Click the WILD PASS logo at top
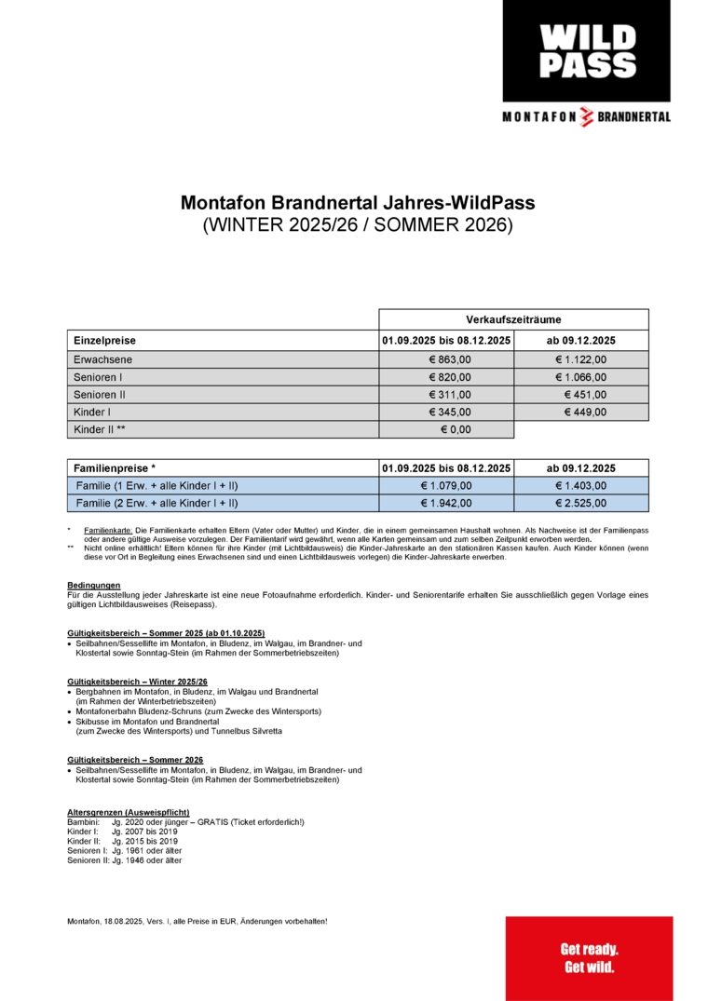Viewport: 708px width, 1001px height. tap(587, 51)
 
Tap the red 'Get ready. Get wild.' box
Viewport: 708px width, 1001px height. tap(589, 958)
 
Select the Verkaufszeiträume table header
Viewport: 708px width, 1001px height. tap(513, 318)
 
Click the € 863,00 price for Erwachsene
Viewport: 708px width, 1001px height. tap(450, 358)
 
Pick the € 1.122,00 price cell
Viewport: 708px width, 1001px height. tap(580, 358)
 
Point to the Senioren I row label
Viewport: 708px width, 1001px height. tap(98, 377)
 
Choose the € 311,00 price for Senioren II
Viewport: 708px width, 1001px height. tap(450, 395)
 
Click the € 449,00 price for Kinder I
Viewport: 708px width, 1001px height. tap(585, 412)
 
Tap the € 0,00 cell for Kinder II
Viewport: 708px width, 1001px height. tap(456, 429)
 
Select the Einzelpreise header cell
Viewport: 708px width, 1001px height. tap(104, 341)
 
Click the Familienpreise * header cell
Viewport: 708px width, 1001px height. tap(115, 467)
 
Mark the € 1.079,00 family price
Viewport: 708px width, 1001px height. tap(450, 485)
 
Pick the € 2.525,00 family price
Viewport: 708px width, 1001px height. tap(580, 503)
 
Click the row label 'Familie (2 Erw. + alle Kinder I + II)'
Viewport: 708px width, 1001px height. tap(157, 503)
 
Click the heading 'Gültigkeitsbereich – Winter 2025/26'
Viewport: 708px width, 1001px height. tap(137, 682)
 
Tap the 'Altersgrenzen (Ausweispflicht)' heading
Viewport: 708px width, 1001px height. tap(129, 812)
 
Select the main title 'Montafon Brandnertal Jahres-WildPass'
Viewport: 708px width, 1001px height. tap(357, 203)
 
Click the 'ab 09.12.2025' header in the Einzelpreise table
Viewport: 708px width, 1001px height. tap(581, 341)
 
